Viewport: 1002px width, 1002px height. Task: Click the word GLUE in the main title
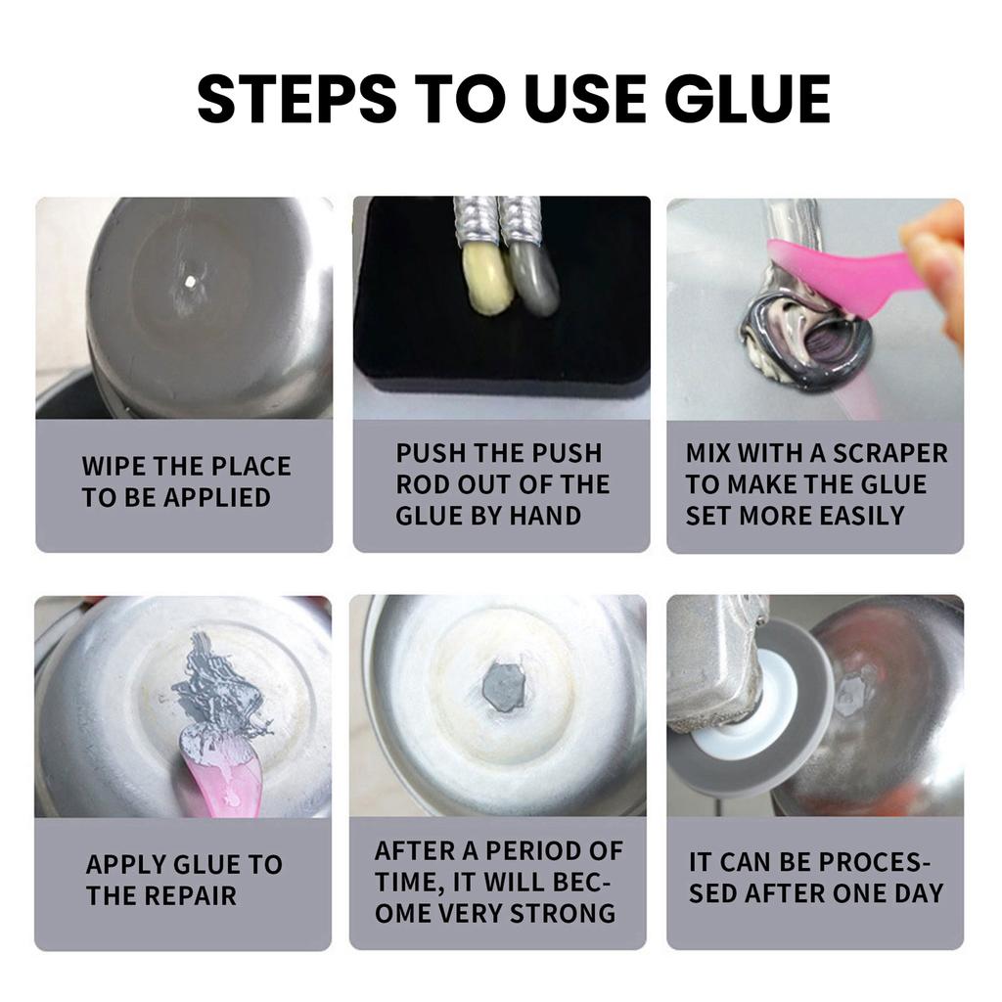click(748, 99)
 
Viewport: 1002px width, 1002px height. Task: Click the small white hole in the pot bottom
click(190, 281)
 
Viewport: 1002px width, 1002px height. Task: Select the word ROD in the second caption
click(422, 484)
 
